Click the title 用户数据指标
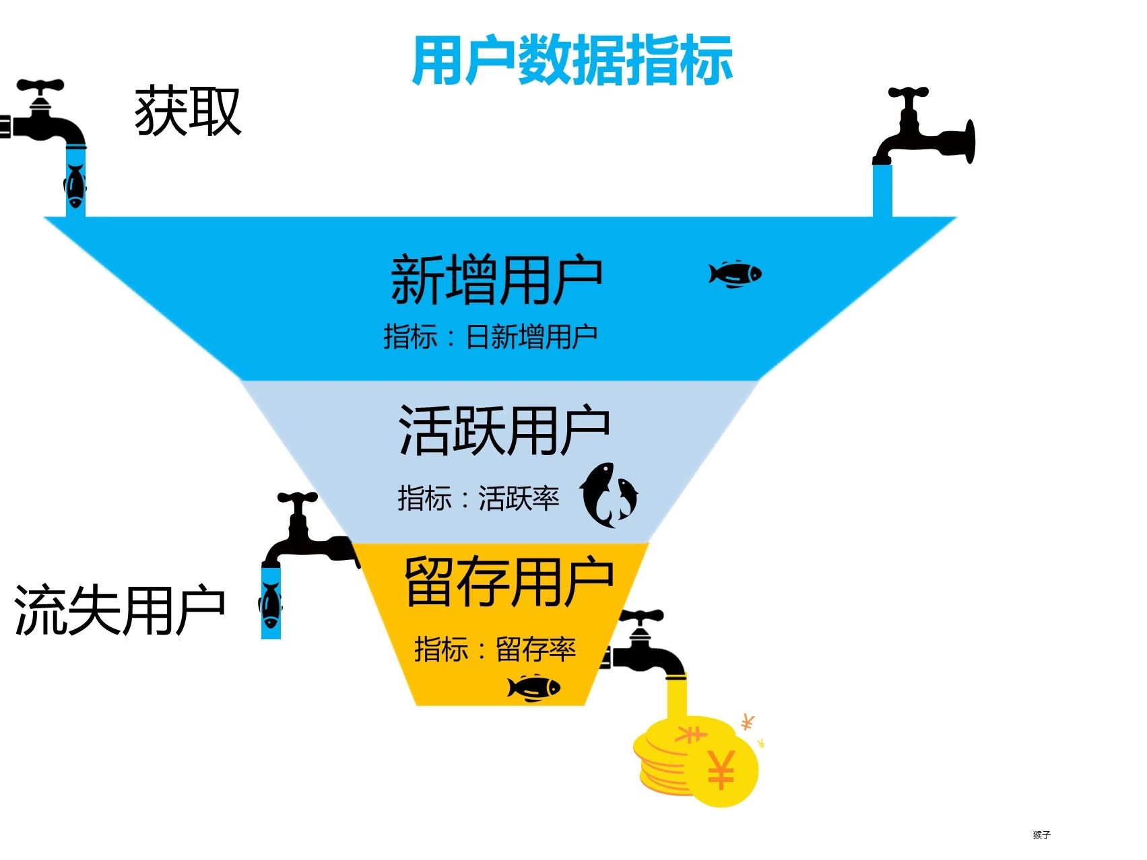point(572,61)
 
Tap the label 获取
point(188,112)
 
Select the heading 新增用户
point(496,279)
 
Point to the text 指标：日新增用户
point(490,336)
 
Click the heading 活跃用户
point(504,430)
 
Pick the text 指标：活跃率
point(478,499)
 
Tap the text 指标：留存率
point(495,649)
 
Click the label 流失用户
point(119,610)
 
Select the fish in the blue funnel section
point(735,274)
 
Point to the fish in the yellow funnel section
point(534,688)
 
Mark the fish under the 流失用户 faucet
point(271,604)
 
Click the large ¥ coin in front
point(721,771)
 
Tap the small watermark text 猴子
point(1041,835)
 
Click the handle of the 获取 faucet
point(40,86)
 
